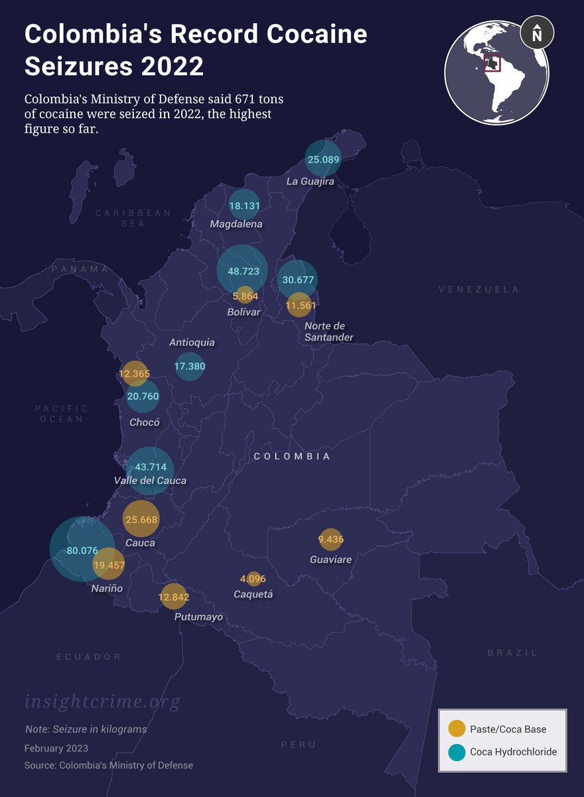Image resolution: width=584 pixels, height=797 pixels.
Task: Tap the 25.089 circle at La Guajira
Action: pos(323,159)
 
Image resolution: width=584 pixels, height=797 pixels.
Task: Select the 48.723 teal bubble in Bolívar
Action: pos(242,271)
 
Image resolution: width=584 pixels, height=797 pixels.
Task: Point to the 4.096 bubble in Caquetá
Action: pos(253,578)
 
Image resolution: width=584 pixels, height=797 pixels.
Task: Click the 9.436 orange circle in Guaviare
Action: pos(330,539)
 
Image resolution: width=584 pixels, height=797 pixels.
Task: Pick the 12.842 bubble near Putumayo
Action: pos(174,596)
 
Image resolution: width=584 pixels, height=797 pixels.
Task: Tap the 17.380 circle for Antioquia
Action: pos(190,366)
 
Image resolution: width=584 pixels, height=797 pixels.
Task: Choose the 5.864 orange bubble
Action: pos(245,296)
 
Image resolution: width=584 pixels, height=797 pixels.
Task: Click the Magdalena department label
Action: pos(236,224)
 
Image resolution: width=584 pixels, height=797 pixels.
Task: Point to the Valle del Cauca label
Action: pos(150,480)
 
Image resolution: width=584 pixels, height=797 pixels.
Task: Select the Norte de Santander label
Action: pos(328,331)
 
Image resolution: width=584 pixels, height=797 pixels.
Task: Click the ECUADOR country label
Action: pos(89,657)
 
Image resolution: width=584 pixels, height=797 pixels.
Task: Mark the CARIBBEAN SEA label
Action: pos(133,219)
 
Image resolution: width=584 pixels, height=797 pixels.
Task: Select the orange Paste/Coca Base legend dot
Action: pos(457,729)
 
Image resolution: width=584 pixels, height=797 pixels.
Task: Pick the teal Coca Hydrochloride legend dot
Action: pos(457,752)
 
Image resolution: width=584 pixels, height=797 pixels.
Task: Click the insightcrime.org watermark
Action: pos(102,701)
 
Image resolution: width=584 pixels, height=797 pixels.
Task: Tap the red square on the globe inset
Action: pos(492,63)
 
